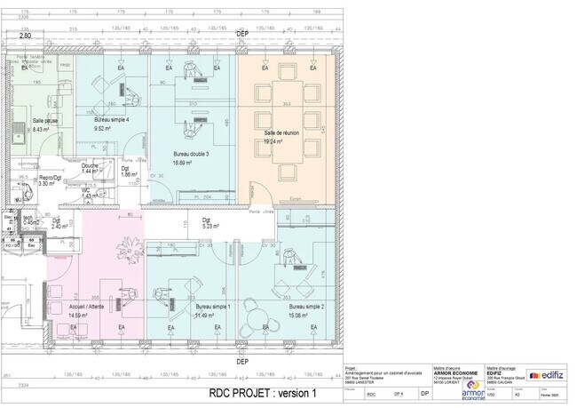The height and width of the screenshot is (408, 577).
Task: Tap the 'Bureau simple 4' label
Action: (112, 119)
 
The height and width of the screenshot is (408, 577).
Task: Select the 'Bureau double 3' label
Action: (191, 154)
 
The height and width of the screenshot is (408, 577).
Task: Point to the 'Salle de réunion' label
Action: (280, 132)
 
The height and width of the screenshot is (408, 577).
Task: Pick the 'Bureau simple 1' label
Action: (213, 307)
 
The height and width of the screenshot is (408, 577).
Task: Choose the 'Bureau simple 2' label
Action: (305, 307)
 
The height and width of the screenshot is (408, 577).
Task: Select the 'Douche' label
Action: (90, 165)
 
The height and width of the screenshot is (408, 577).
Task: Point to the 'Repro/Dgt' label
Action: (50, 178)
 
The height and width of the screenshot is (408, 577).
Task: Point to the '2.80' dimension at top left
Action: (26, 36)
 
